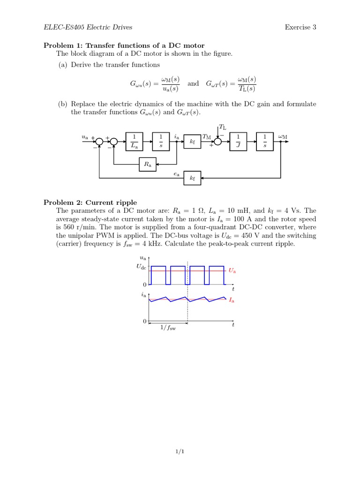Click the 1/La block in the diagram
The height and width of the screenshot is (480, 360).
[134, 142]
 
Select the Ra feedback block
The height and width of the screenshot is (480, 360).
[148, 165]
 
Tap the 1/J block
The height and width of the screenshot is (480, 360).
[238, 142]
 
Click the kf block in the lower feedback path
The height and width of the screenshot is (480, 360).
[192, 178]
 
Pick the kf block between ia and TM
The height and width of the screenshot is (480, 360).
[192, 142]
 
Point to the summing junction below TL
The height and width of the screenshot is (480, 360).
[217, 142]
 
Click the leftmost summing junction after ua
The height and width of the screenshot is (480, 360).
[99, 142]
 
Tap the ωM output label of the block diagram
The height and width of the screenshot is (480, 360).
[283, 136]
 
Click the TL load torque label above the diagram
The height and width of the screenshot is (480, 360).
[223, 127]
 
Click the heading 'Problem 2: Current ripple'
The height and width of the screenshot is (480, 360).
[90, 202]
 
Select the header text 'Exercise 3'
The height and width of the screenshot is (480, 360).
[300, 27]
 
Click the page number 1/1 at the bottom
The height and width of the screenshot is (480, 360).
[180, 451]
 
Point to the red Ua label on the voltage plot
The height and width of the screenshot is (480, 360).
[232, 270]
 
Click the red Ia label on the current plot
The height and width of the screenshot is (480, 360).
[232, 300]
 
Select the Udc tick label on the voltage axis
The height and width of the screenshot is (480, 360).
[142, 267]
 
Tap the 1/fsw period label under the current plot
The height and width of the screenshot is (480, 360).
[168, 328]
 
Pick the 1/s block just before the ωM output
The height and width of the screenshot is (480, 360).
[265, 142]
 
